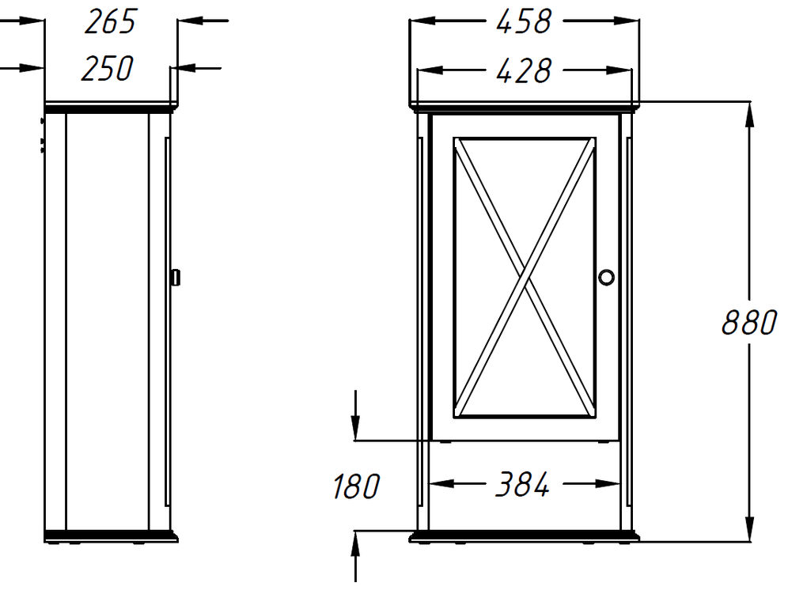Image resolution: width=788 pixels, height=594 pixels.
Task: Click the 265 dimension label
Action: pos(110,22)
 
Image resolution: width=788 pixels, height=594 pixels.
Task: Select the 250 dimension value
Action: pos(107,69)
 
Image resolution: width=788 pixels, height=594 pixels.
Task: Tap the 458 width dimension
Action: pos(524,22)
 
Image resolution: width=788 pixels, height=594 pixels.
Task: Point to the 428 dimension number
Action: pos(524,71)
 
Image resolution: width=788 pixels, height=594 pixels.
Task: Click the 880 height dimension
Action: pos(749,322)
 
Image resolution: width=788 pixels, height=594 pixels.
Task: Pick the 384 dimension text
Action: pos(523,484)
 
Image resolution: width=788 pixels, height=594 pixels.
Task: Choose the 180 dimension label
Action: pos(356,486)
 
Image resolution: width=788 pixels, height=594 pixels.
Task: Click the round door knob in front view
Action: pos(607,278)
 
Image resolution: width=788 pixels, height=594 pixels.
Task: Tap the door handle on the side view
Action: pos(175,278)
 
